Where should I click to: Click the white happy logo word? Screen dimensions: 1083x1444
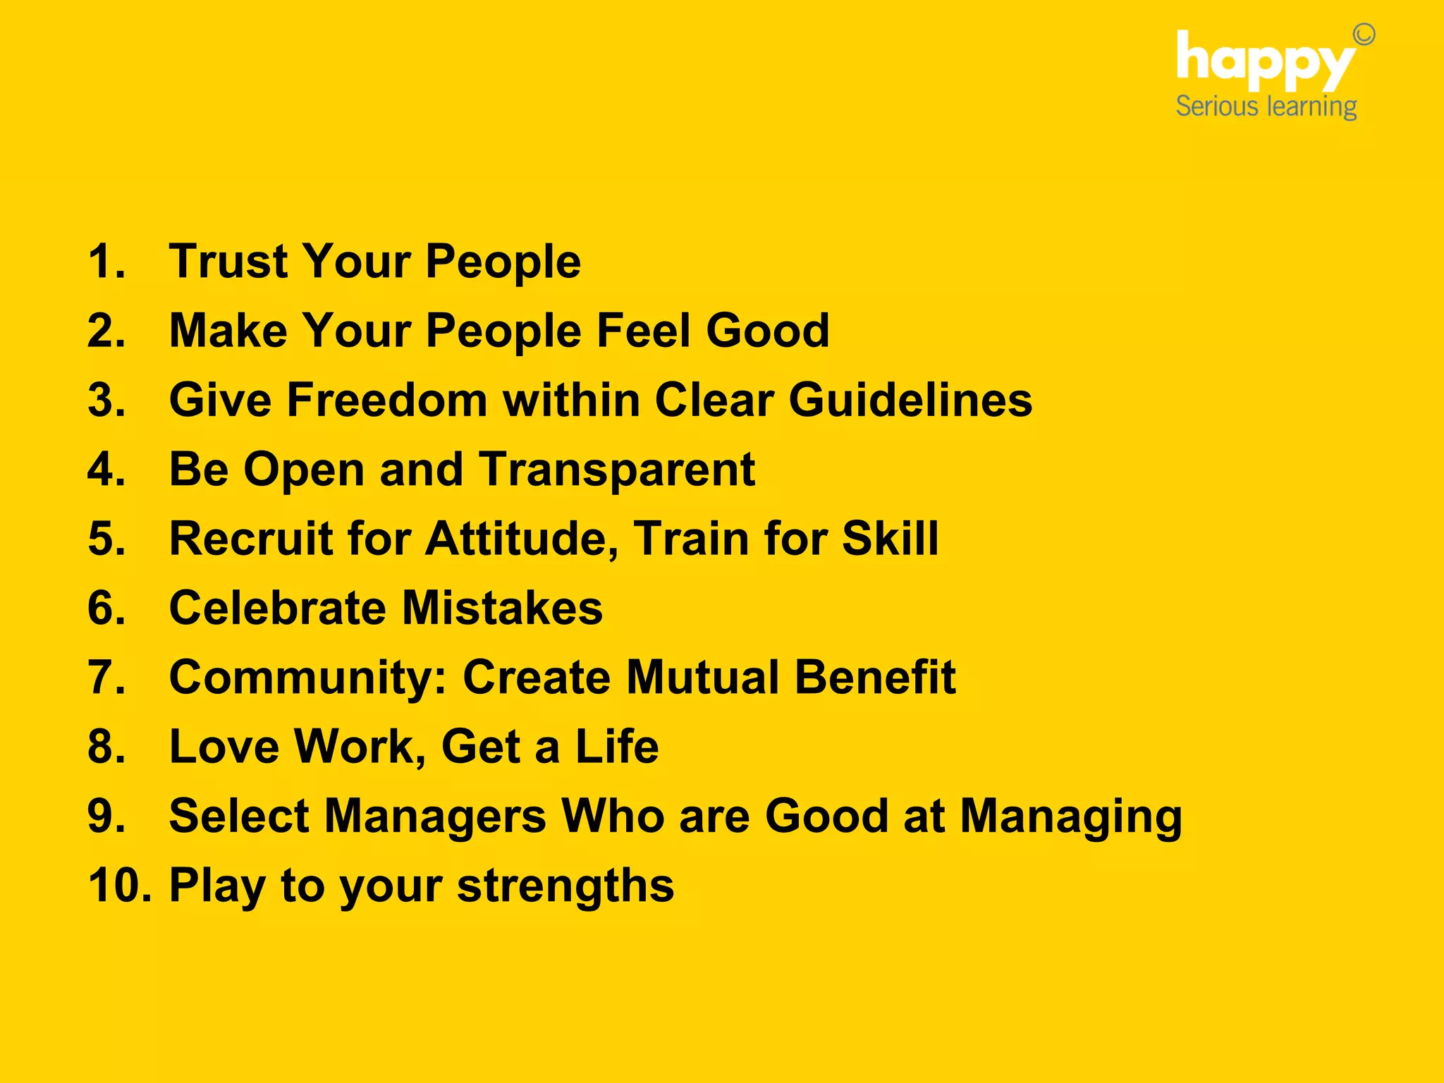pos(1265,62)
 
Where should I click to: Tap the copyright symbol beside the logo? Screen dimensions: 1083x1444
pos(1364,34)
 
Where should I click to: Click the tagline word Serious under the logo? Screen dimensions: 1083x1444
pos(1217,106)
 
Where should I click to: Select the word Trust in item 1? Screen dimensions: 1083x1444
pos(230,262)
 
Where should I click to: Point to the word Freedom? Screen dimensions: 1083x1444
pos(387,400)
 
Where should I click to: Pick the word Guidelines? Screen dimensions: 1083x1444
pos(910,400)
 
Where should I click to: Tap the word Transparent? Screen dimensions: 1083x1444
pos(617,470)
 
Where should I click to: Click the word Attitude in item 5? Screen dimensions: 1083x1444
pos(522,539)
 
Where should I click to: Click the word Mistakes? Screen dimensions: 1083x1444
pos(502,608)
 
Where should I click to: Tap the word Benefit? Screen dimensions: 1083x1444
pos(875,678)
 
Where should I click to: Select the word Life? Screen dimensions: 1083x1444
pos(617,747)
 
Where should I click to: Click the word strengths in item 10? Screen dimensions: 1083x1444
pos(565,886)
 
